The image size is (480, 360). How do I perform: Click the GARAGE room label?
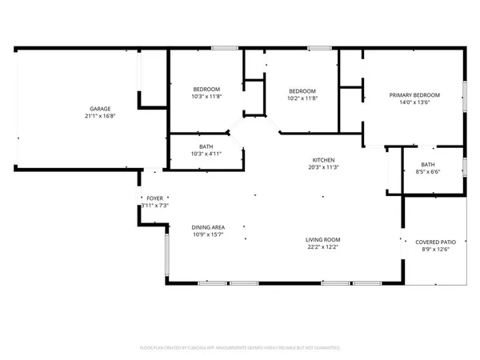100,109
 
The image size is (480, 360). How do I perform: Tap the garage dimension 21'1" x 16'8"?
100,116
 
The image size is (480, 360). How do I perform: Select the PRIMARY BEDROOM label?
414,96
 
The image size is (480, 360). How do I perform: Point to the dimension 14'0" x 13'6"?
414,103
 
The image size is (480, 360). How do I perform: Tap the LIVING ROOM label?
323,240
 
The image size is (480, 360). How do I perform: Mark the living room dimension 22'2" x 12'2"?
323,247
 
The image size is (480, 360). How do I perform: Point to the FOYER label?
155,198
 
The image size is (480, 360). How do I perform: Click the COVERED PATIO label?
435,242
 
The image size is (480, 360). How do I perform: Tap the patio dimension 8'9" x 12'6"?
435,249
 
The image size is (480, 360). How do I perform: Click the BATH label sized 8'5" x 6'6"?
429,165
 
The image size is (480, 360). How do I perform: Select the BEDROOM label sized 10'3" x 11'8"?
206,89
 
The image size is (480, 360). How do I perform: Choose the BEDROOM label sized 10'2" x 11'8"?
302,90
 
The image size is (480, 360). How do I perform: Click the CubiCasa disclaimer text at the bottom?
240,348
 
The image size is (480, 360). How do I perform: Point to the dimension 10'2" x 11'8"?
302,98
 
